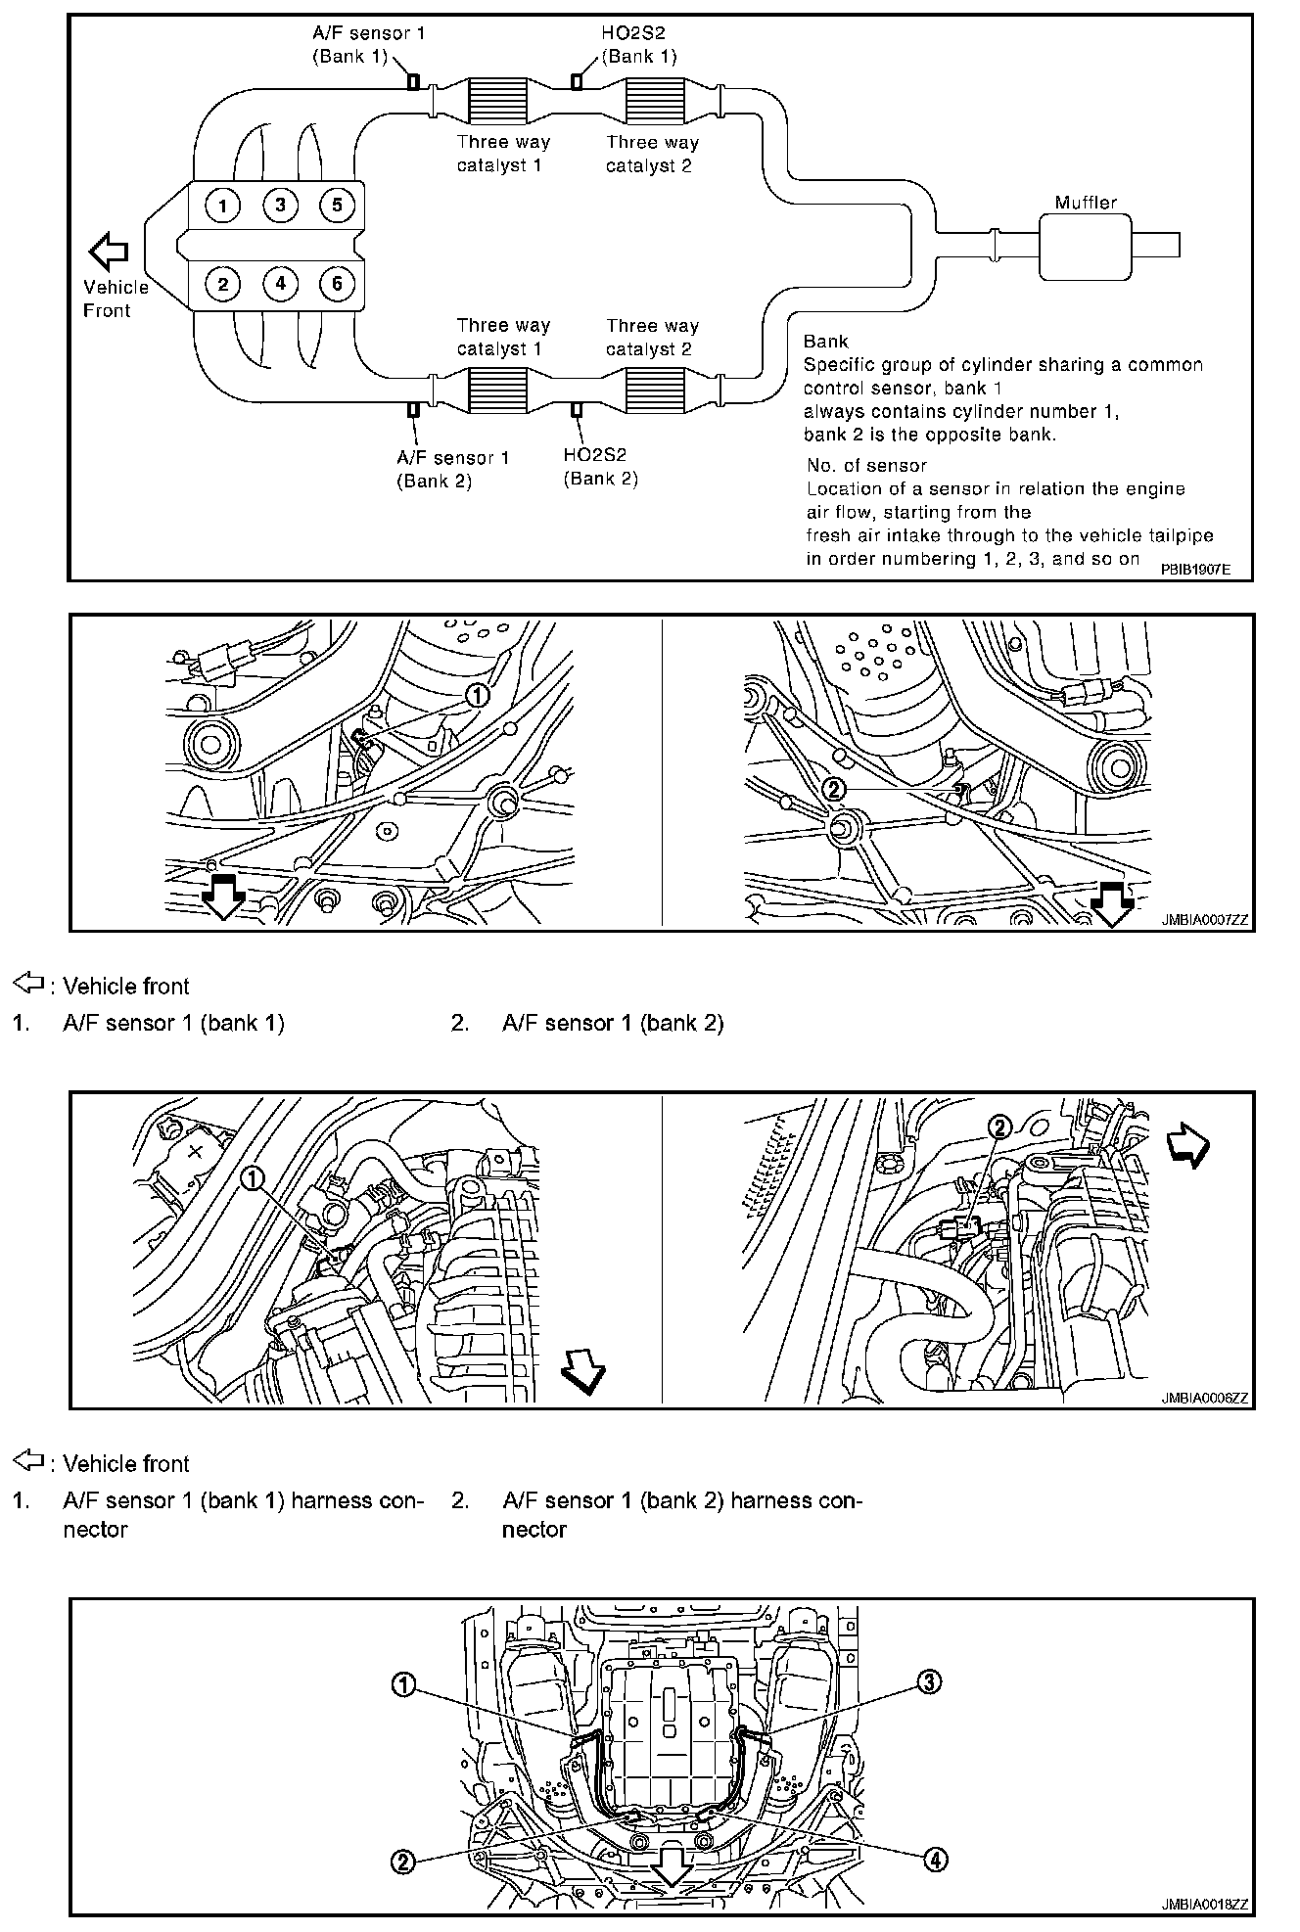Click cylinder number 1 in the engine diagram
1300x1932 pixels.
pyautogui.click(x=223, y=206)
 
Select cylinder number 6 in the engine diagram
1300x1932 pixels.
pyautogui.click(x=337, y=284)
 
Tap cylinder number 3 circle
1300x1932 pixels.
pyautogui.click(x=280, y=206)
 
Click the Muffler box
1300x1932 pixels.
pyautogui.click(x=1085, y=246)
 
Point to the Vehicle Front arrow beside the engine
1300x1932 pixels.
pyautogui.click(x=108, y=252)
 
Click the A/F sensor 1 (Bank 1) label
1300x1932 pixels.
pyautogui.click(x=368, y=45)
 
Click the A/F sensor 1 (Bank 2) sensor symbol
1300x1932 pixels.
pyautogui.click(x=413, y=410)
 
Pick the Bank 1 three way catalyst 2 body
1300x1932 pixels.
pyautogui.click(x=652, y=101)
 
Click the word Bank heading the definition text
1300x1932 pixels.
pyautogui.click(x=825, y=342)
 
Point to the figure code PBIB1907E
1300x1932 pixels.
pyautogui.click(x=1195, y=568)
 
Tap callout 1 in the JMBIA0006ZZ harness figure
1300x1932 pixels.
pyautogui.click(x=253, y=1178)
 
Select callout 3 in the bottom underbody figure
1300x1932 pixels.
pyautogui.click(x=928, y=1681)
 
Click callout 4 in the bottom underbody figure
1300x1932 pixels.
pyautogui.click(x=936, y=1859)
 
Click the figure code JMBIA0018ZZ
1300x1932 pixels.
pyautogui.click(x=1205, y=1904)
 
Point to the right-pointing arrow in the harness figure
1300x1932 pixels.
pyautogui.click(x=1188, y=1146)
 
